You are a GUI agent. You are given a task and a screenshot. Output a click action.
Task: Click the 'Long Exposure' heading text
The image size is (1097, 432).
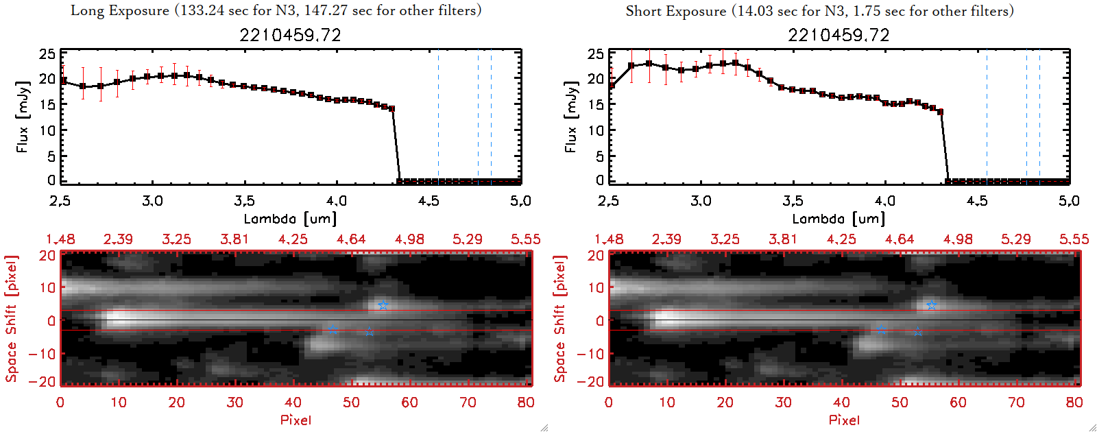tap(120, 11)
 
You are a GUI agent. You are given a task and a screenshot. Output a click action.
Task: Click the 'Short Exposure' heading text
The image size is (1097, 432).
tap(675, 11)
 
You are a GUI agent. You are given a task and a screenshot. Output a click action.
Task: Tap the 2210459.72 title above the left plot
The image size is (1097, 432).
tap(290, 35)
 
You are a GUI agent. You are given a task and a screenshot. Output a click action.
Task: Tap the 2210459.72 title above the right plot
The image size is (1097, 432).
tap(839, 35)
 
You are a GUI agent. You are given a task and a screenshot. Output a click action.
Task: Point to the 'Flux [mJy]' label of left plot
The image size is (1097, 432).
tap(23, 117)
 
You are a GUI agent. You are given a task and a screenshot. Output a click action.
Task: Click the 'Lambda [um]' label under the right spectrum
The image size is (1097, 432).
tap(839, 219)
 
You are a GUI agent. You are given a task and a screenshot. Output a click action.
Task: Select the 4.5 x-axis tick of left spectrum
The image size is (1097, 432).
tap(429, 201)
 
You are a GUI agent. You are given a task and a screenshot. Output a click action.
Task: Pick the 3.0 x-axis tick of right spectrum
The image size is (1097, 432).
tap(701, 201)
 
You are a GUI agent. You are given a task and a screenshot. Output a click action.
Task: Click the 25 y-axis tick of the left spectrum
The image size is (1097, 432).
tap(47, 53)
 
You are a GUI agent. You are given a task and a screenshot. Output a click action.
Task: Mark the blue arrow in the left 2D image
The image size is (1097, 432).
tap(333, 330)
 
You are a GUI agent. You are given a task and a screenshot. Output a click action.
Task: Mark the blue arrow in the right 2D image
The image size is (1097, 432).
tap(881, 330)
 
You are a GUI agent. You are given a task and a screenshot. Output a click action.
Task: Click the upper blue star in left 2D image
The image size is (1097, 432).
tap(383, 305)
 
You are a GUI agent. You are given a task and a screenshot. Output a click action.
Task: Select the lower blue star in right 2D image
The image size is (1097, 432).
tap(917, 332)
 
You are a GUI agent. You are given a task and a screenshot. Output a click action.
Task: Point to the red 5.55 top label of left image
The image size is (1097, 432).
tap(525, 239)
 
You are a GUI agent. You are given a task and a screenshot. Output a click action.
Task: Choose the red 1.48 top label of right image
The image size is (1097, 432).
tap(609, 239)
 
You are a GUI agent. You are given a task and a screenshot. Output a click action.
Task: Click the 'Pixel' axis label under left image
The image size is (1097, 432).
tap(296, 420)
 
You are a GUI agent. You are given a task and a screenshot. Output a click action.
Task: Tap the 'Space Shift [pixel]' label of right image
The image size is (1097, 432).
tap(560, 319)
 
